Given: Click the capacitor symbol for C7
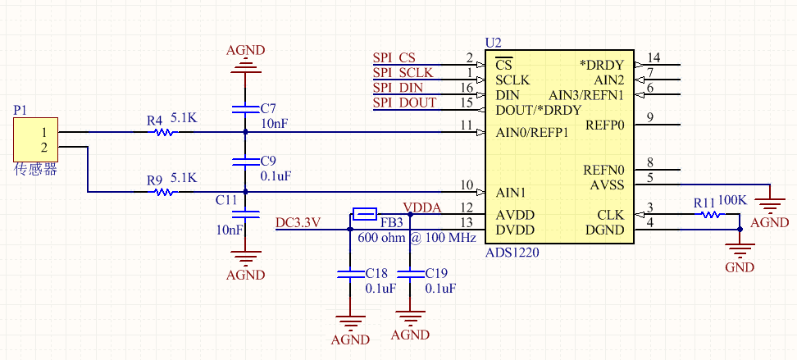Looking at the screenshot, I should pyautogui.click(x=245, y=108).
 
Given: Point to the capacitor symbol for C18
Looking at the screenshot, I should pyautogui.click(x=349, y=272).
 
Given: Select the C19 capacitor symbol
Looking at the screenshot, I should pyautogui.click(x=410, y=272).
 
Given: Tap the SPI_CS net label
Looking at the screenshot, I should pyautogui.click(x=394, y=58).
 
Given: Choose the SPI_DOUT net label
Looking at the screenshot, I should pyautogui.click(x=405, y=103).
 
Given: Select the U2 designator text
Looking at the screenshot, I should pyautogui.click(x=493, y=42).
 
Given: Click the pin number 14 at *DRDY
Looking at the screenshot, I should pyautogui.click(x=654, y=57).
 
